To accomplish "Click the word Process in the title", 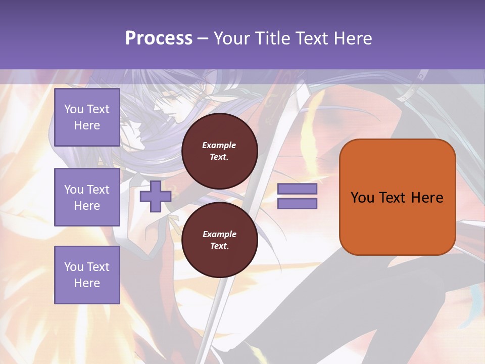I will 159,38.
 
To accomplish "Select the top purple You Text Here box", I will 87,117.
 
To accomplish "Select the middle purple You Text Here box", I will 87,197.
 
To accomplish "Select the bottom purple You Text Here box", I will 87,275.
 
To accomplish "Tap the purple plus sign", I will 155,196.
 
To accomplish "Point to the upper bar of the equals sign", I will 297,189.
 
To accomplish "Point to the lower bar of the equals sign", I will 297,204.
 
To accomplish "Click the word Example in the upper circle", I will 219,145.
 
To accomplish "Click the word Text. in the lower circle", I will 219,246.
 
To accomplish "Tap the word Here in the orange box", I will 427,198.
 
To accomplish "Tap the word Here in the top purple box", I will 87,125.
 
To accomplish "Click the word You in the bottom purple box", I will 74,266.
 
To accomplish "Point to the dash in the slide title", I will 203,39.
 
